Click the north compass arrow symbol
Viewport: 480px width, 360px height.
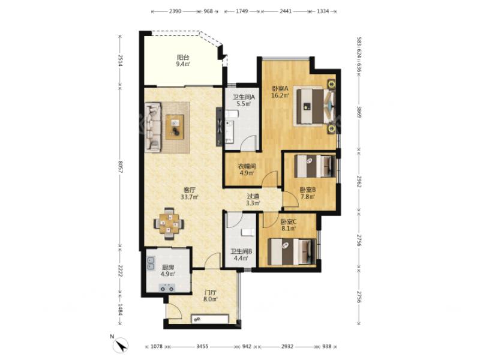pyautogui.click(x=122, y=344)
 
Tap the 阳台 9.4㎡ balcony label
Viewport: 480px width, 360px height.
pyautogui.click(x=183, y=61)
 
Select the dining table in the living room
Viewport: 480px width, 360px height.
pyautogui.click(x=169, y=224)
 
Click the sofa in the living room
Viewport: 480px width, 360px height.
pyautogui.click(x=153, y=127)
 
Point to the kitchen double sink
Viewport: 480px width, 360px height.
pyautogui.click(x=151, y=263)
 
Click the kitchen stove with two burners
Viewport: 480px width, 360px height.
pyautogui.click(x=167, y=288)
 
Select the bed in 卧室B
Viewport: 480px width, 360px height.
pyautogui.click(x=314, y=166)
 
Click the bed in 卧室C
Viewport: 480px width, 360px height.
pyautogui.click(x=292, y=251)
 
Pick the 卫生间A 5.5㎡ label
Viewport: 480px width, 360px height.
pyautogui.click(x=244, y=100)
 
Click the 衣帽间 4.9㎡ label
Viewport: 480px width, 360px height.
pyautogui.click(x=247, y=170)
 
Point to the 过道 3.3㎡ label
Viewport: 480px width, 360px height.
pyautogui.click(x=253, y=199)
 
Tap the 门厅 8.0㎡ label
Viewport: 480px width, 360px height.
pyautogui.click(x=211, y=296)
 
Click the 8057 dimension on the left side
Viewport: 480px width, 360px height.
pyautogui.click(x=120, y=167)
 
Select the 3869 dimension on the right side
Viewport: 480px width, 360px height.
pyautogui.click(x=359, y=113)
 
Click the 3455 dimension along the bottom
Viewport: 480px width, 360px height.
pyautogui.click(x=202, y=347)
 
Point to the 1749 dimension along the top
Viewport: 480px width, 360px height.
pyautogui.click(x=242, y=11)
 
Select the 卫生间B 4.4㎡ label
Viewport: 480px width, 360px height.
pyautogui.click(x=241, y=254)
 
